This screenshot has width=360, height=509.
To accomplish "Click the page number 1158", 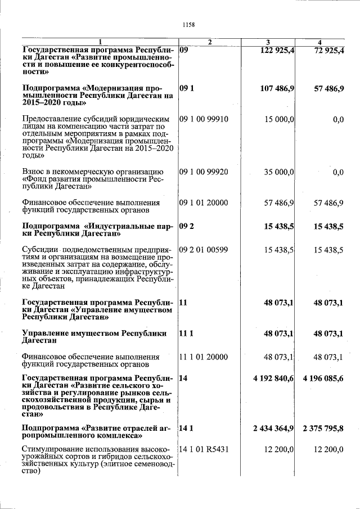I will [x=188, y=24].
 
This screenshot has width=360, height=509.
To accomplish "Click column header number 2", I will [x=209, y=42].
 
